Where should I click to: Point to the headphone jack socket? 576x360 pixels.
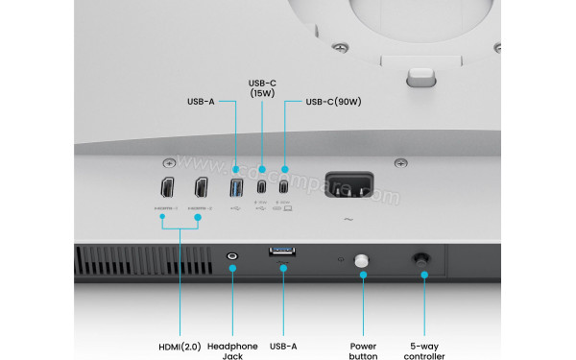231,257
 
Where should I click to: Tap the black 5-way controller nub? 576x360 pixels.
422,259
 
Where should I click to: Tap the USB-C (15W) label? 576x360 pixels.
262,87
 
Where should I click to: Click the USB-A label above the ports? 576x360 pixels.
202,101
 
